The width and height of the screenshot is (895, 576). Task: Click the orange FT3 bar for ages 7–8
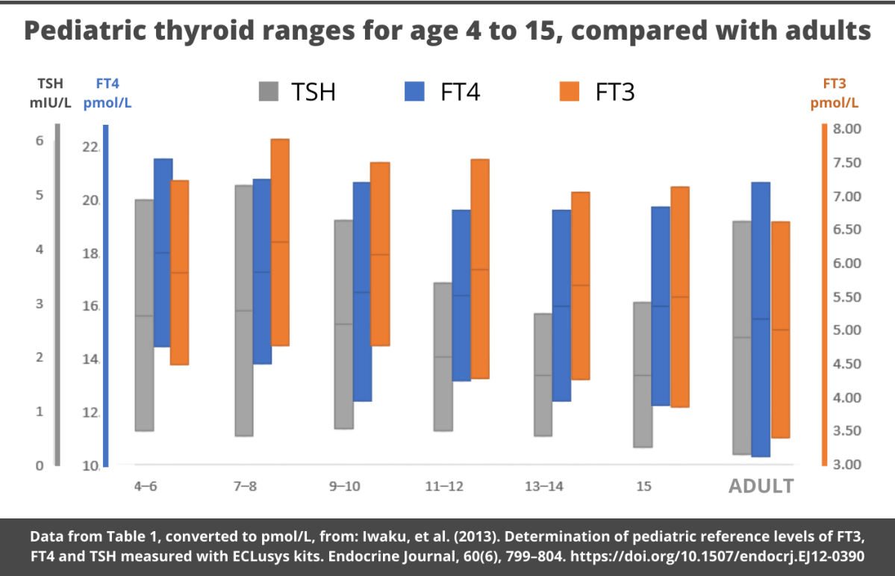tap(280, 242)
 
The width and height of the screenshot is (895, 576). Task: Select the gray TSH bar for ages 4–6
tap(144, 315)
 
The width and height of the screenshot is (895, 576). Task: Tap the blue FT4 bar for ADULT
tap(761, 319)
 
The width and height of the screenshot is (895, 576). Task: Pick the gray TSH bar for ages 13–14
tap(543, 374)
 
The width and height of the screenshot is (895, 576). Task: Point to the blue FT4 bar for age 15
tap(661, 306)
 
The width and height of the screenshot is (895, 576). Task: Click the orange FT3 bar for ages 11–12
tap(479, 269)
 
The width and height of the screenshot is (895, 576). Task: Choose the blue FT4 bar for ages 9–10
tap(362, 291)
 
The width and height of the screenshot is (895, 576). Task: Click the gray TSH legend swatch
tap(269, 91)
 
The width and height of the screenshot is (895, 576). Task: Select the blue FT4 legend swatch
tap(414, 91)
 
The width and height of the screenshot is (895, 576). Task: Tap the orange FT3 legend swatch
tap(569, 91)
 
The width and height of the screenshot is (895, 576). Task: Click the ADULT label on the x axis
tap(761, 486)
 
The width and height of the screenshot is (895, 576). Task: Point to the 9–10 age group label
tap(345, 486)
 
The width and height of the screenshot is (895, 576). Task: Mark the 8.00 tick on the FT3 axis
tap(846, 129)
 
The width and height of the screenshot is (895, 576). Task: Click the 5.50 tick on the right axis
tap(846, 297)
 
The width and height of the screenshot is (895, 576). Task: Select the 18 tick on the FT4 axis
tap(90, 254)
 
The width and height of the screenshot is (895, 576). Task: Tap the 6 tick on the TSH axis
tap(40, 141)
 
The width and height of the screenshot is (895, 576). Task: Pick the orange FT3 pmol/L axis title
tap(835, 93)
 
